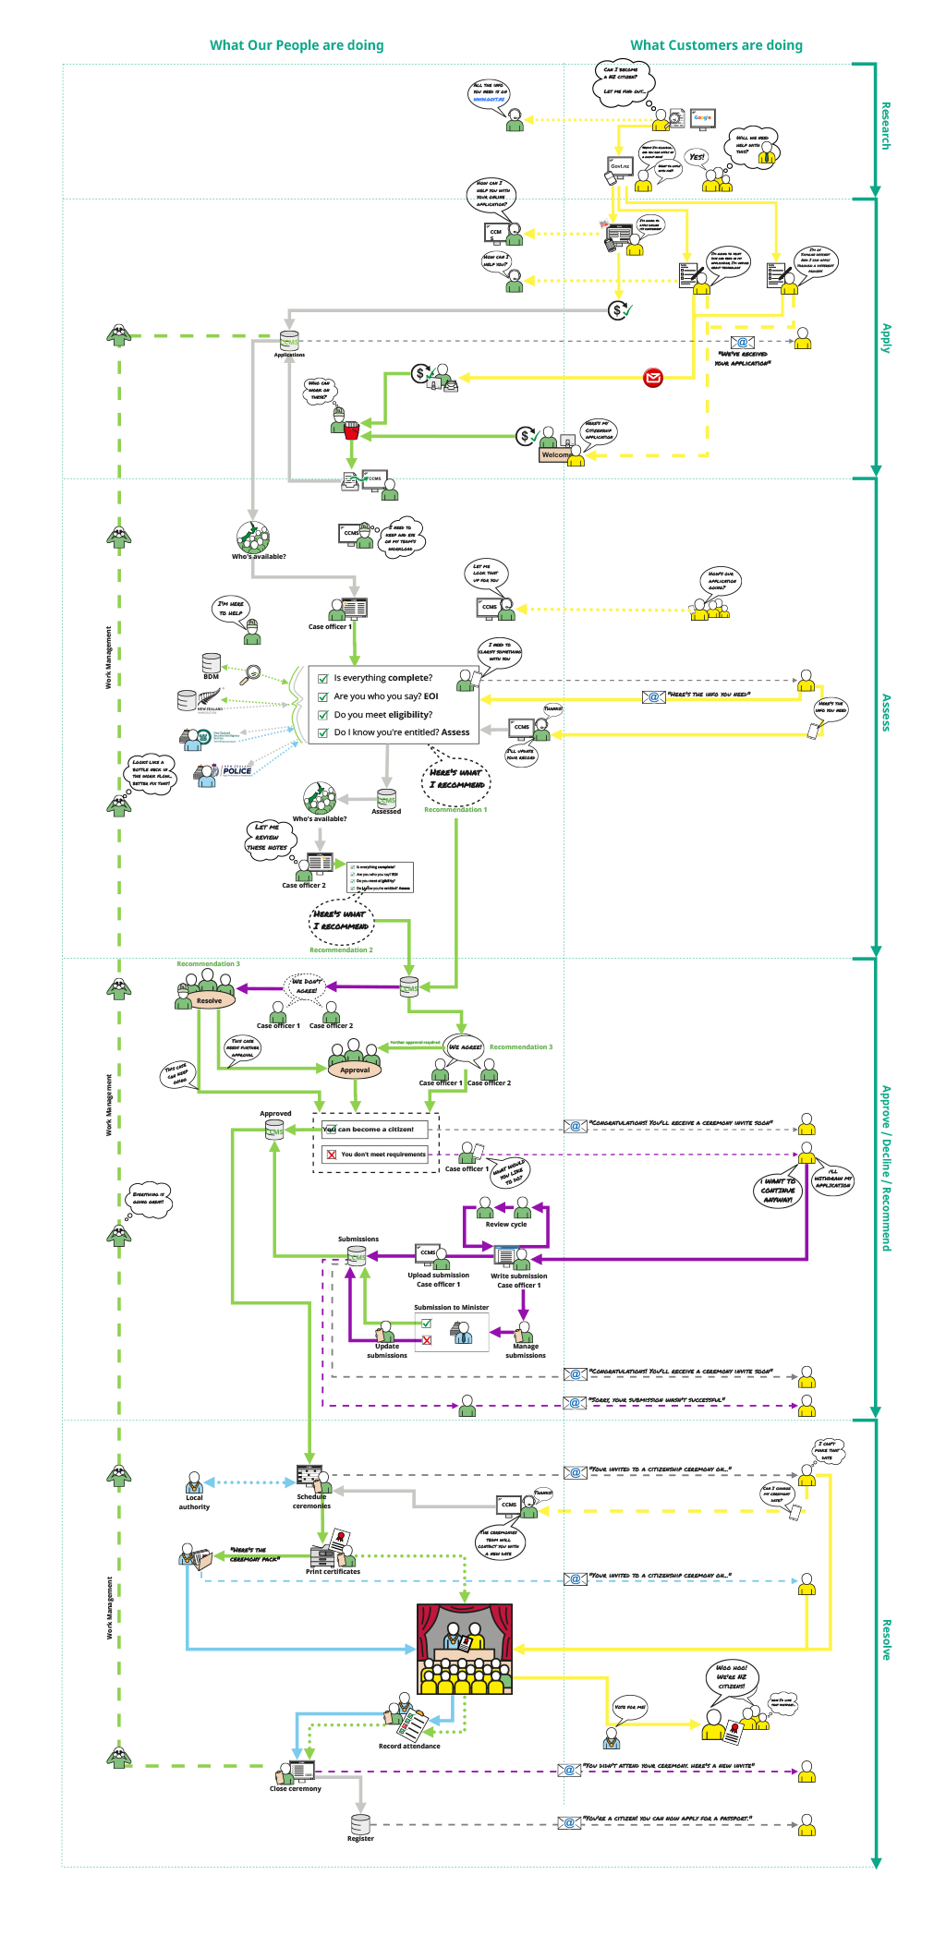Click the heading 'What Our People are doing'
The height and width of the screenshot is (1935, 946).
[297, 45]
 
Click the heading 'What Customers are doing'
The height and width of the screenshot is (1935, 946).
[716, 45]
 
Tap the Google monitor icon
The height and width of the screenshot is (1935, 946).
[703, 118]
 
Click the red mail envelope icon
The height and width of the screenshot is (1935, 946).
[653, 377]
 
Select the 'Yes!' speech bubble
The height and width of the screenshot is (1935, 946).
[697, 157]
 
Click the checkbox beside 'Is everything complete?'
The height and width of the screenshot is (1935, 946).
[323, 679]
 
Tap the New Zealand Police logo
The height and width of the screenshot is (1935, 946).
[236, 770]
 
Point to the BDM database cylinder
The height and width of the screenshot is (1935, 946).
[212, 663]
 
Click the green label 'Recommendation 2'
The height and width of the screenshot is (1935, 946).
[341, 949]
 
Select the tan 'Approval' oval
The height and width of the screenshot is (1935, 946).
[355, 1070]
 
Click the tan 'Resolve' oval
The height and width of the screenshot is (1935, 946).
[209, 1000]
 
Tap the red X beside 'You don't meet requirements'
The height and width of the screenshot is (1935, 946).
[332, 1155]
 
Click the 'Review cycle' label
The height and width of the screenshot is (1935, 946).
[505, 1225]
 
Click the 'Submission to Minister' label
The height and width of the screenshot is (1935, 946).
[451, 1308]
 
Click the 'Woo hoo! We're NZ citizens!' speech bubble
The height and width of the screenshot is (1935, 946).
[731, 1676]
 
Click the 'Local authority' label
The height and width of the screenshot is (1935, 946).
[194, 1502]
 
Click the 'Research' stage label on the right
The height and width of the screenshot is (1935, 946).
[886, 126]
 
